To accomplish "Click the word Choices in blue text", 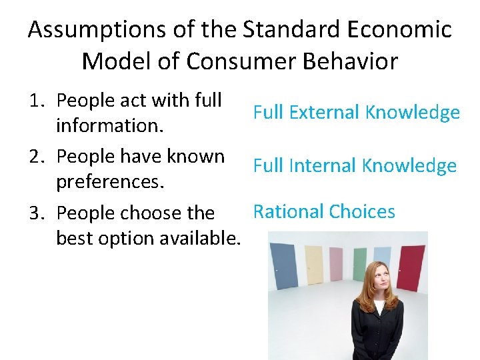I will (361, 212).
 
